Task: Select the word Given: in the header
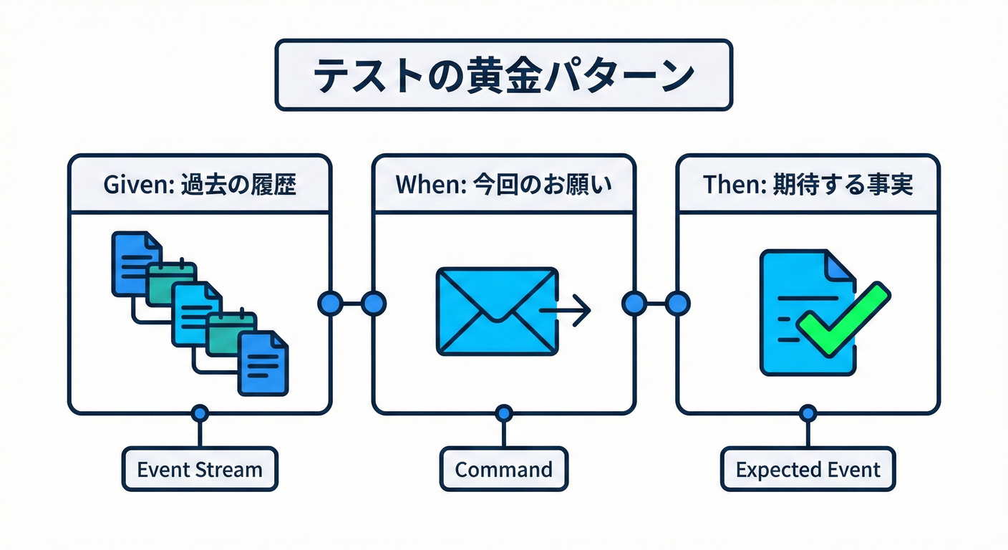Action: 134,184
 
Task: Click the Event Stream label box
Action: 200,470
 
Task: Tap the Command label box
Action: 503,470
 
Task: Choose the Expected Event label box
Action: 808,470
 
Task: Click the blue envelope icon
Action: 497,311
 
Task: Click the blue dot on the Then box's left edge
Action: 677,303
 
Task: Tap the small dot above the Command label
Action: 504,413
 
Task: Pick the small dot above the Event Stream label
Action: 200,413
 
